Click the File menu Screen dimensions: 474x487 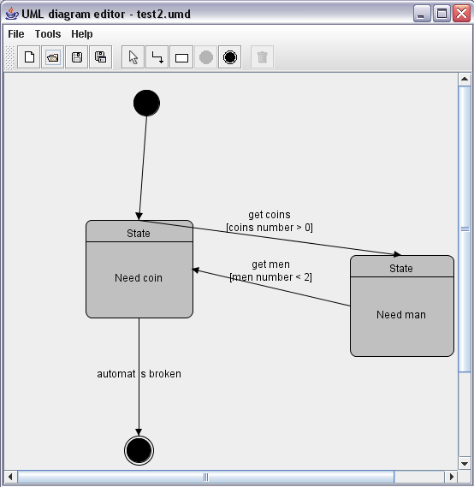(16, 34)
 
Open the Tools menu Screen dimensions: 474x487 (48, 34)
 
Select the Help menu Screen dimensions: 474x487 (82, 34)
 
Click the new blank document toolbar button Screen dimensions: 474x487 (29, 57)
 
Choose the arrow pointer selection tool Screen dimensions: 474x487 (133, 57)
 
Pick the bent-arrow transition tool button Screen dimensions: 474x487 (157, 57)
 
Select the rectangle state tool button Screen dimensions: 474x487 (181, 57)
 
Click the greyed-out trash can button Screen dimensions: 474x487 (263, 57)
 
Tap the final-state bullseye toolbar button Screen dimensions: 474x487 (230, 57)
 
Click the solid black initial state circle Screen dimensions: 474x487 (147, 103)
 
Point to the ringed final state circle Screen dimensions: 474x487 (139, 451)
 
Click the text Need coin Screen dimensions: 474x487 (139, 277)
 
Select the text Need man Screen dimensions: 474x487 (401, 315)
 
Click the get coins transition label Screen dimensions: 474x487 (270, 215)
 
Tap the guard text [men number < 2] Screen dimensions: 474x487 (271, 277)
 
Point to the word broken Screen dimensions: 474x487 (165, 374)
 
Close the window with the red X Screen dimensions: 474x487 (461, 14)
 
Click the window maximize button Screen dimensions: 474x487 (441, 14)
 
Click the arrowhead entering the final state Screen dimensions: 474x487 (139, 432)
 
